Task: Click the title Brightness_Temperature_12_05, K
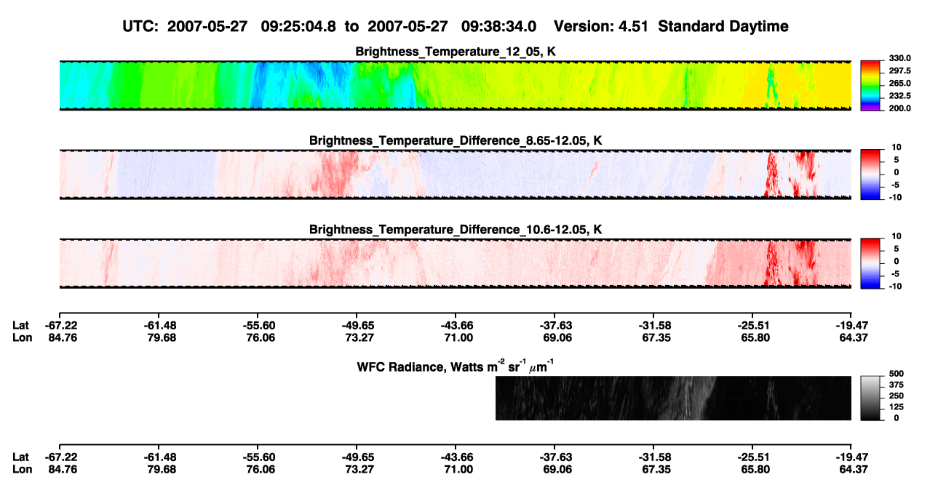(456, 52)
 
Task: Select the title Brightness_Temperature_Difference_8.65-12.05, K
(456, 140)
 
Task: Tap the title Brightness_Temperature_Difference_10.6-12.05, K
(456, 230)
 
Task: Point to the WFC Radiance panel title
(456, 366)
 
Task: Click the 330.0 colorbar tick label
(899, 58)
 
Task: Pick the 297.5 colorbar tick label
(899, 71)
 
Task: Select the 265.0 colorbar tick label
(899, 83)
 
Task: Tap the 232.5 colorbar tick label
(899, 96)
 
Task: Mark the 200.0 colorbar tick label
(899, 108)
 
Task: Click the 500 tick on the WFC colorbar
(897, 374)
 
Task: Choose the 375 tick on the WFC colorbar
(897, 385)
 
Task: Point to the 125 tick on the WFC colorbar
(897, 407)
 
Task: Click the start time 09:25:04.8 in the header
(298, 26)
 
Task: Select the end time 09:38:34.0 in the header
(498, 26)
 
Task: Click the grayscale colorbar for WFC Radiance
(870, 398)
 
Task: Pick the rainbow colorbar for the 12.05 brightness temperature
(870, 86)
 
